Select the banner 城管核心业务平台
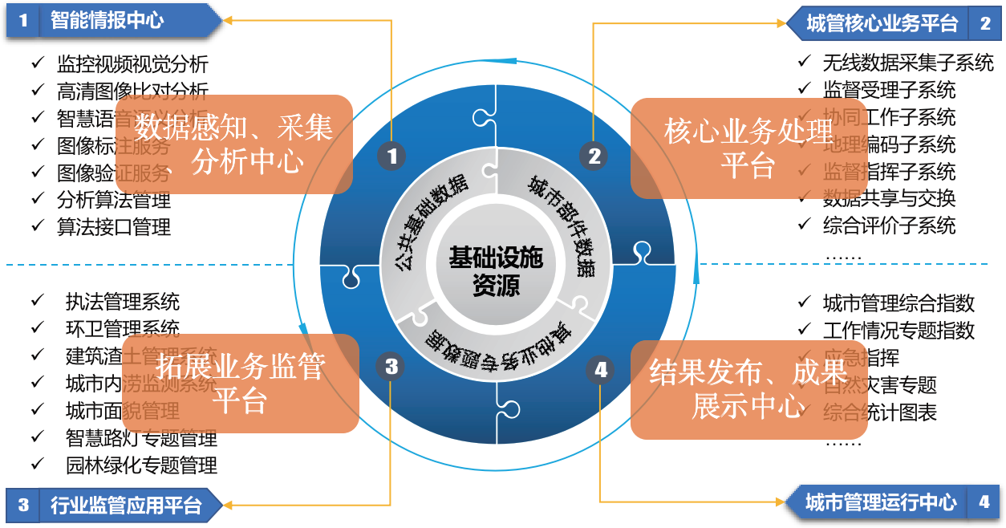[882, 23]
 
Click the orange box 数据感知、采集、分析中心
[233, 145]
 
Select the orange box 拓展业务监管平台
[240, 384]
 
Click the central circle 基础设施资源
[496, 270]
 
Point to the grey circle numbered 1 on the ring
[391, 156]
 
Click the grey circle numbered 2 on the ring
[594, 156]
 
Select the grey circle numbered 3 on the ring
[391, 367]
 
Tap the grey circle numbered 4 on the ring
[601, 369]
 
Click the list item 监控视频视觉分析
[132, 63]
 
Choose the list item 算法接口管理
[114, 227]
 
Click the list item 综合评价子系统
[889, 225]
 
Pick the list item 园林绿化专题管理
[141, 465]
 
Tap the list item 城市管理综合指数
[899, 303]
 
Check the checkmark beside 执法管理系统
[38, 301]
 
